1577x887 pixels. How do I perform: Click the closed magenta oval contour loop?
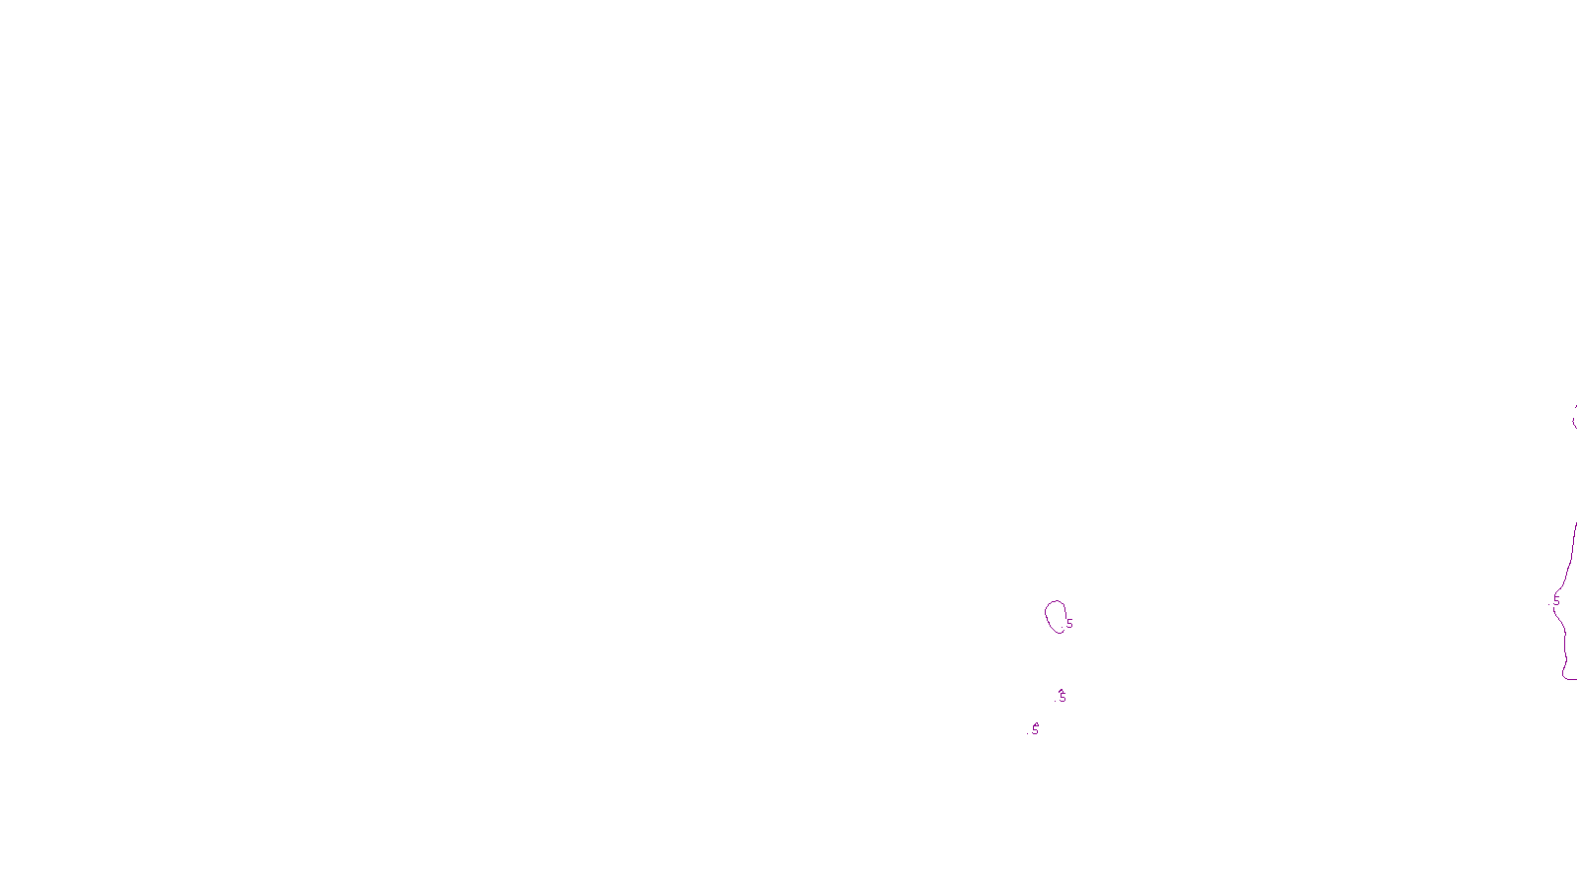(x=1047, y=617)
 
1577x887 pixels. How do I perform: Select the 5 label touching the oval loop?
(x=1069, y=624)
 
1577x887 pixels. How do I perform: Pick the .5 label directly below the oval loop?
(x=1062, y=696)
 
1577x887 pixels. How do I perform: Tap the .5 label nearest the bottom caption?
(x=1034, y=729)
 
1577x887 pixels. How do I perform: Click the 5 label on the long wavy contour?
(x=1556, y=600)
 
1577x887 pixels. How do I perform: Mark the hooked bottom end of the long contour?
(x=1566, y=676)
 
